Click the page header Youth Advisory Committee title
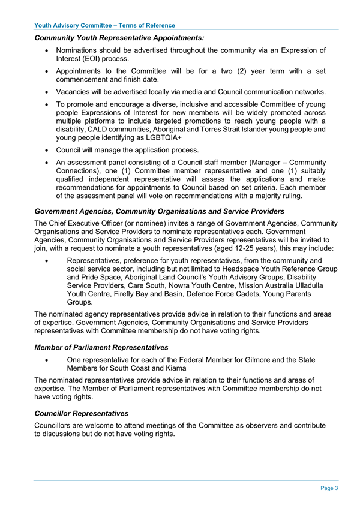105,25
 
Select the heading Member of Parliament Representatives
101,348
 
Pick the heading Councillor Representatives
82,413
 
